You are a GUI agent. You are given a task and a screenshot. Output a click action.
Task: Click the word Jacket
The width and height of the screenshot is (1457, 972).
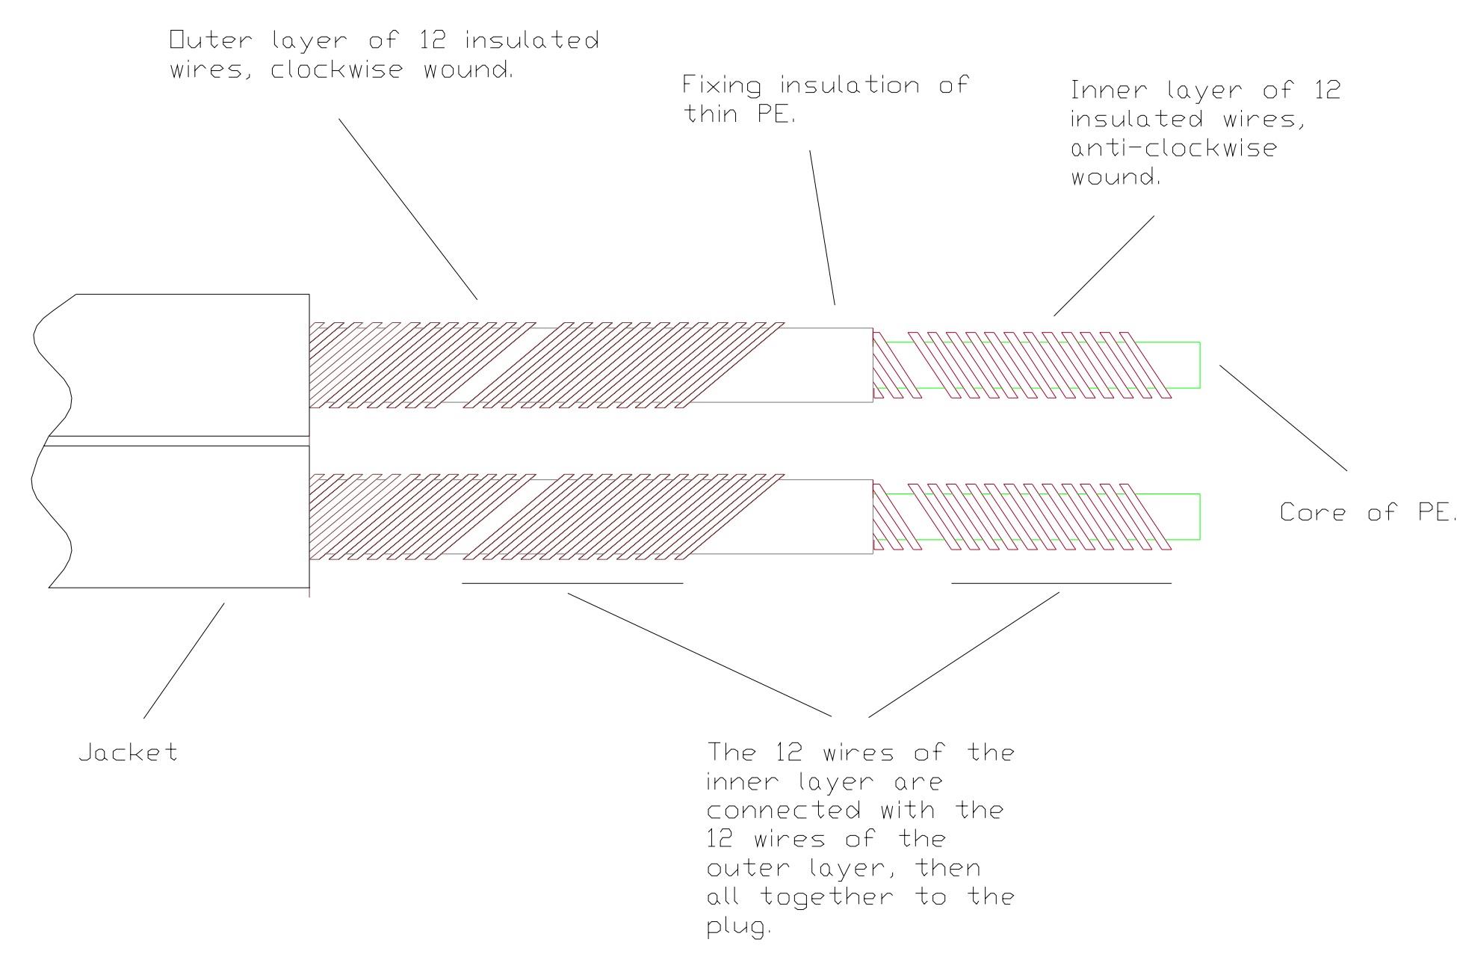point(129,751)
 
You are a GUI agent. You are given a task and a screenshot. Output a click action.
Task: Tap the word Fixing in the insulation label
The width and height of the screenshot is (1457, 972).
point(723,85)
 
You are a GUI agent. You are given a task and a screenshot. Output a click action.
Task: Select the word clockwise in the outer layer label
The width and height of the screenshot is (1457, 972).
point(337,70)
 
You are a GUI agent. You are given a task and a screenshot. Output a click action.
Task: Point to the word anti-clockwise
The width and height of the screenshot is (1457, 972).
point(1174,147)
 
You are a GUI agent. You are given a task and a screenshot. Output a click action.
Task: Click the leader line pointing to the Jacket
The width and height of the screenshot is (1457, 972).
point(184,661)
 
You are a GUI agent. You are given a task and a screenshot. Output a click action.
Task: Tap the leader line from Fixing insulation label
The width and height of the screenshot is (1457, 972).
point(823,227)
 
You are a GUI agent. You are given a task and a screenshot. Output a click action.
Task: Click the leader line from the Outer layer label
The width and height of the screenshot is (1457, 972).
point(408,209)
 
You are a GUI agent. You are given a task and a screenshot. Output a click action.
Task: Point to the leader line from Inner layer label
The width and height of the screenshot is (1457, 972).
point(1104,265)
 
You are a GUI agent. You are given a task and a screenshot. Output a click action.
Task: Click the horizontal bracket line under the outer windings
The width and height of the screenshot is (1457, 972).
point(572,582)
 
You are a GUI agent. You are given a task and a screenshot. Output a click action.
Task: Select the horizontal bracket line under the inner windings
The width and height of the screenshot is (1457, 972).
point(1061,582)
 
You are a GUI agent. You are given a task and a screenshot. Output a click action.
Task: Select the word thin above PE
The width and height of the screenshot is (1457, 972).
point(711,114)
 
